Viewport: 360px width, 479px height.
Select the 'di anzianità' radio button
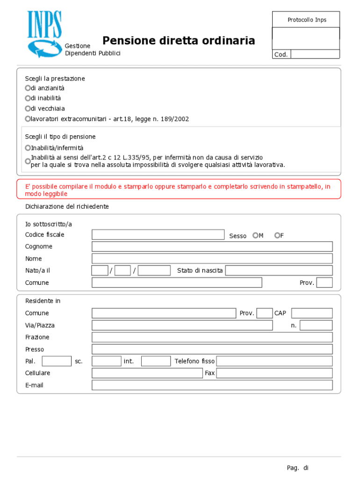pos(28,88)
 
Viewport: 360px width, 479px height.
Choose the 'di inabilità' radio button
pos(28,98)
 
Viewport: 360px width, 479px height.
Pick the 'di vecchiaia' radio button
pos(28,109)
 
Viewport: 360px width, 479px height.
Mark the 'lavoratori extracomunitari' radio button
pos(28,119)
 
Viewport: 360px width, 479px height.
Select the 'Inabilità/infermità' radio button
pos(28,148)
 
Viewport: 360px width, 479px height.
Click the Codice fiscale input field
pos(158,235)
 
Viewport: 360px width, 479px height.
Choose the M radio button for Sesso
pos(255,235)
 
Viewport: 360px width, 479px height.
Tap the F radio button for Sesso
pos(277,235)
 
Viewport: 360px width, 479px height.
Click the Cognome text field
pos(212,247)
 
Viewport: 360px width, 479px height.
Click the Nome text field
pos(212,259)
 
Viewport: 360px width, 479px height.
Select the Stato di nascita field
pos(279,270)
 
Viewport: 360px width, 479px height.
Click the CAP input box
pos(312,313)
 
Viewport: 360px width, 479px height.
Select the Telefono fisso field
pos(274,361)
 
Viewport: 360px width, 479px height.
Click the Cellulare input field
pos(147,373)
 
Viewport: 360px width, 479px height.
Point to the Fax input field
pos(274,373)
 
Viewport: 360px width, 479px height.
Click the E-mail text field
pos(212,385)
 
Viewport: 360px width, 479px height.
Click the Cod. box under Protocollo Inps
pos(315,54)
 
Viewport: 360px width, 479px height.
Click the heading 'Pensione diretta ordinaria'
pos(179,41)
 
